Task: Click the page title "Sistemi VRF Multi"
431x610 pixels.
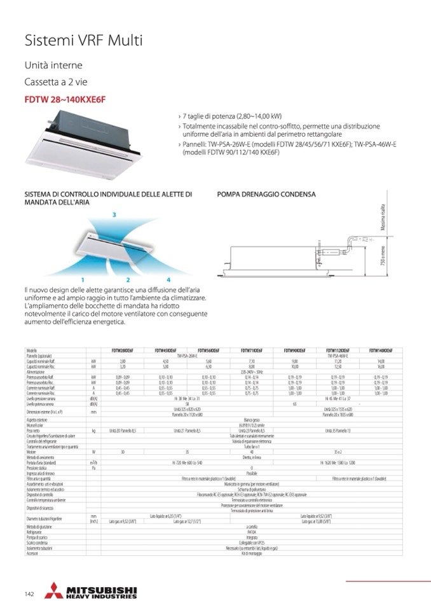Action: [x=83, y=41]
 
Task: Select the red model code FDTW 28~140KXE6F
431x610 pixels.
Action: [x=65, y=99]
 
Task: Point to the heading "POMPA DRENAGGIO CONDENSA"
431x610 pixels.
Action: [x=266, y=194]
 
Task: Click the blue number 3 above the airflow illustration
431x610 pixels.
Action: [x=114, y=216]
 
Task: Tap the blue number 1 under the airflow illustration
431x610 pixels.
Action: [x=83, y=280]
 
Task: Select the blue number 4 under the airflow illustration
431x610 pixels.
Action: [x=168, y=280]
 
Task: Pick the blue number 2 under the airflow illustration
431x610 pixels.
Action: [x=128, y=280]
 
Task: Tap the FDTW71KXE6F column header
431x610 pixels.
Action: [x=252, y=350]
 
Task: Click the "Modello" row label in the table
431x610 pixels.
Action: [x=32, y=350]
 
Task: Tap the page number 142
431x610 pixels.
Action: [x=29, y=594]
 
